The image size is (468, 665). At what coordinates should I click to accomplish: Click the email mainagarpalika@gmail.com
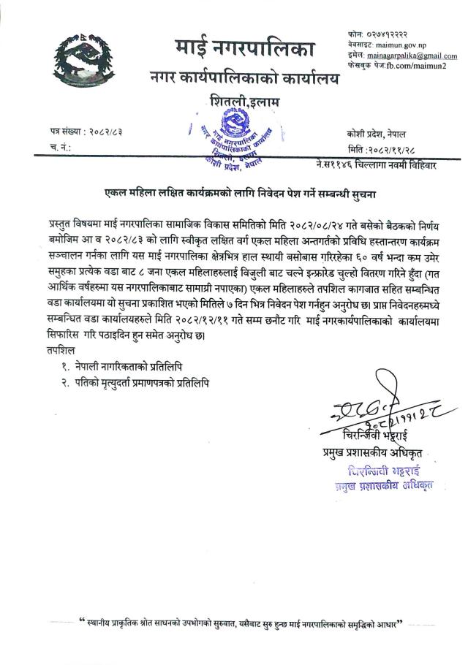[412, 56]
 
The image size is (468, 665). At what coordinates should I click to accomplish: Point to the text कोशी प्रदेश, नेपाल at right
[380, 134]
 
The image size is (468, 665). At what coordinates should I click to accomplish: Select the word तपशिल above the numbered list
[58, 351]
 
